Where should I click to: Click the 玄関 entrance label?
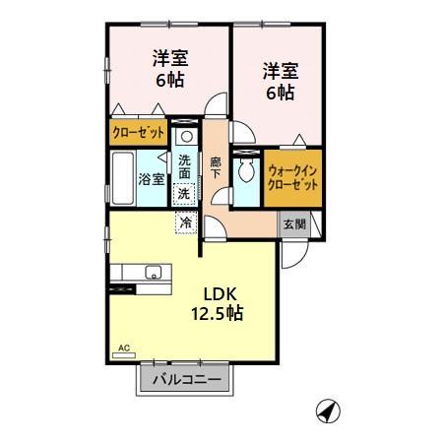[293, 223]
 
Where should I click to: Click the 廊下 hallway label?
[217, 166]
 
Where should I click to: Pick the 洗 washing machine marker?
[185, 195]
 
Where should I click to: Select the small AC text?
[125, 348]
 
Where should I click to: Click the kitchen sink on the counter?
[153, 273]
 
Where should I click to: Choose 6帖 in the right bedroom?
[279, 93]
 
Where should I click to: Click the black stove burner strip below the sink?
[126, 288]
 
